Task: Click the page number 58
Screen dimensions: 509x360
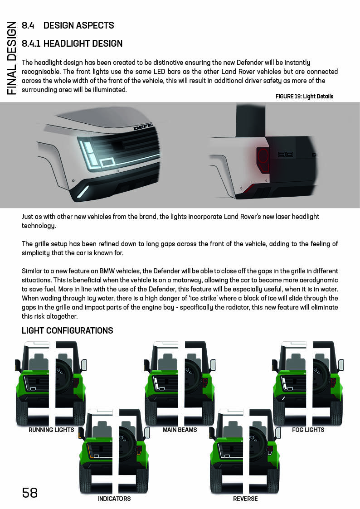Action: point(30,493)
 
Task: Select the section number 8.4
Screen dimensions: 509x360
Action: point(29,25)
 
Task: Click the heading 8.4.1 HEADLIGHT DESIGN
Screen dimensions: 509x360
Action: point(72,44)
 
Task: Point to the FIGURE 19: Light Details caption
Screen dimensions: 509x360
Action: point(304,97)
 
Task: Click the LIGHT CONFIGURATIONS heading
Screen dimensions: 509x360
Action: point(68,330)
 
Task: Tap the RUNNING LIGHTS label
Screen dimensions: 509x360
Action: point(51,430)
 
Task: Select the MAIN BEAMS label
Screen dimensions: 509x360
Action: point(180,430)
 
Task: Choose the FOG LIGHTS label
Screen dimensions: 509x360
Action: point(308,430)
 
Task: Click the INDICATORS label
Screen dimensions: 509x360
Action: point(114,499)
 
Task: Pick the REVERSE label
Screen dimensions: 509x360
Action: point(245,499)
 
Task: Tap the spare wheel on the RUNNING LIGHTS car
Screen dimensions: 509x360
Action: point(63,378)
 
